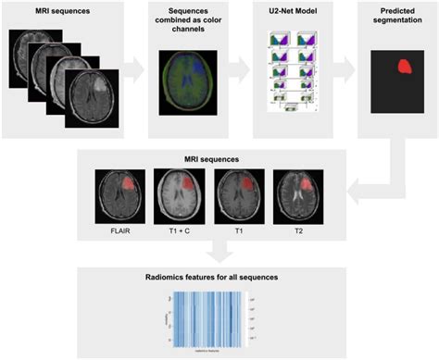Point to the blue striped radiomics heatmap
coord(212,317)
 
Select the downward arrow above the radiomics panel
coord(219,251)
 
